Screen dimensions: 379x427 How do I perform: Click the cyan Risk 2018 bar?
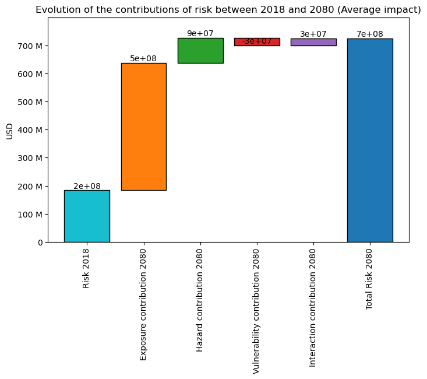pyautogui.click(x=87, y=216)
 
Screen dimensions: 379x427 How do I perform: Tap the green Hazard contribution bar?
pyautogui.click(x=200, y=51)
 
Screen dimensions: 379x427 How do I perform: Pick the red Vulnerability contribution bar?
pyautogui.click(x=257, y=42)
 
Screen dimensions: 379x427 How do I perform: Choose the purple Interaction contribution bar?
pyautogui.click(x=313, y=42)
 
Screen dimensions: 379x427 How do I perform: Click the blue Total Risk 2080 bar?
pyautogui.click(x=370, y=140)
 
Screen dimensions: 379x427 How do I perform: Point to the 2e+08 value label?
pyautogui.click(x=87, y=186)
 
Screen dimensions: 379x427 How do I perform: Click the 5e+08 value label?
pyautogui.click(x=143, y=58)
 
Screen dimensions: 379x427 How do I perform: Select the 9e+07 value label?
pyautogui.click(x=200, y=33)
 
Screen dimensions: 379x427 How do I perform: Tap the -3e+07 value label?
pyautogui.click(x=257, y=41)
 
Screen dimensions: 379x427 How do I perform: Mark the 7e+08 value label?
pyautogui.click(x=370, y=34)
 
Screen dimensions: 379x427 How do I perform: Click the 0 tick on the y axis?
pyautogui.click(x=40, y=242)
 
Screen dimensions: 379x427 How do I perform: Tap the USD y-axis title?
pyautogui.click(x=9, y=131)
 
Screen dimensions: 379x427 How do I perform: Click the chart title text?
pyautogui.click(x=228, y=9)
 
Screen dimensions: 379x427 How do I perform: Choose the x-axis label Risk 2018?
pyautogui.click(x=86, y=268)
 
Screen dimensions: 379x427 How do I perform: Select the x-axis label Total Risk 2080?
pyautogui.click(x=369, y=279)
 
